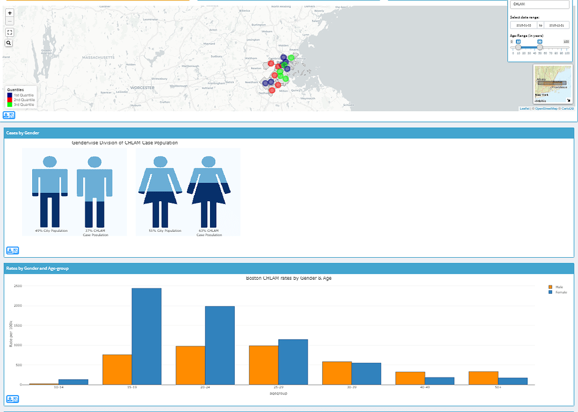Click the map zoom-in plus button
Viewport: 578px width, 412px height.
pyautogui.click(x=10, y=12)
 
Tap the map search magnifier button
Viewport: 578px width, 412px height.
pyautogui.click(x=10, y=43)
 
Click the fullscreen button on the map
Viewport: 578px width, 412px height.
pyautogui.click(x=10, y=32)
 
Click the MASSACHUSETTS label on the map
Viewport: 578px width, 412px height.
pyautogui.click(x=98, y=58)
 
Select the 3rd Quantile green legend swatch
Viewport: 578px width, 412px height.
pyautogui.click(x=9, y=105)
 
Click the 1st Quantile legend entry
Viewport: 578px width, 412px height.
pyautogui.click(x=23, y=94)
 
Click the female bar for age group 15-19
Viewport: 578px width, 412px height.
pyautogui.click(x=146, y=336)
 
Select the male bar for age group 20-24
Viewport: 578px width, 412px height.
pyautogui.click(x=190, y=365)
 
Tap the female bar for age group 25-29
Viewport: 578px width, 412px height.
pyautogui.click(x=293, y=362)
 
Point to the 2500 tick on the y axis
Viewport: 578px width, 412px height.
pyautogui.click(x=17, y=286)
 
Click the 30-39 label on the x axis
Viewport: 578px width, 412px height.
pyautogui.click(x=352, y=388)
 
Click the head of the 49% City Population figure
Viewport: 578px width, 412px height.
pyautogui.click(x=50, y=162)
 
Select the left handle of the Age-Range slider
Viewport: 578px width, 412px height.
pyautogui.click(x=519, y=47)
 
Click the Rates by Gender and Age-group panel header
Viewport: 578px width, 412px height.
pyautogui.click(x=37, y=268)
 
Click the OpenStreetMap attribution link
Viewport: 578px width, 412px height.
pyautogui.click(x=546, y=109)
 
